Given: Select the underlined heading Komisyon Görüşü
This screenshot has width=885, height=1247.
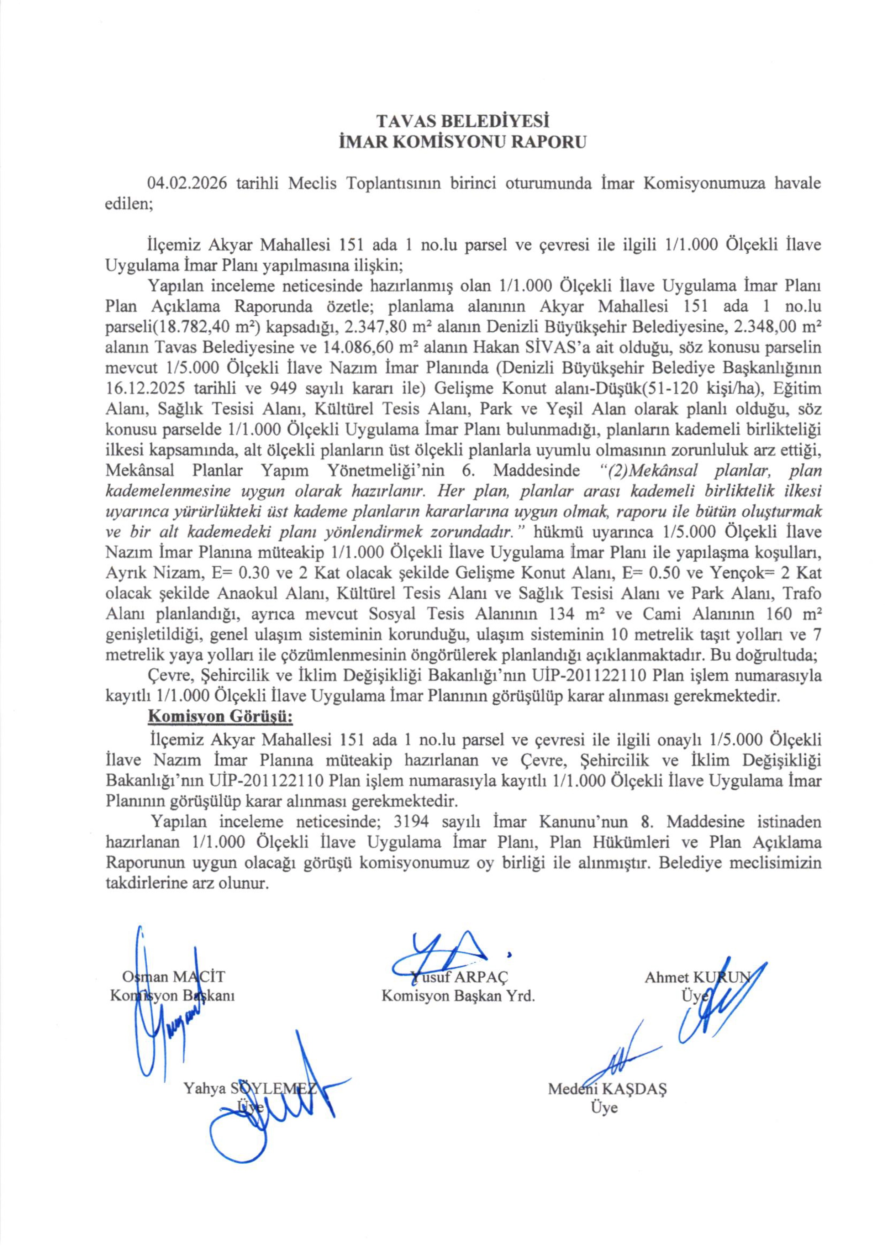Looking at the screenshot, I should coord(221,716).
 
